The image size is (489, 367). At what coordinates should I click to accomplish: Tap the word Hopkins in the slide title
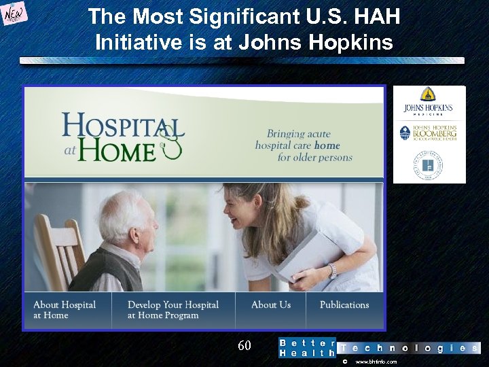[x=350, y=43]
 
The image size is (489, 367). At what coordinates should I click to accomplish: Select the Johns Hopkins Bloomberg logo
[x=429, y=133]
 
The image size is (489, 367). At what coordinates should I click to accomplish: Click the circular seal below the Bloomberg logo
[x=429, y=165]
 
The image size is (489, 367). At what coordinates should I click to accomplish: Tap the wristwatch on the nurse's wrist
[x=332, y=270]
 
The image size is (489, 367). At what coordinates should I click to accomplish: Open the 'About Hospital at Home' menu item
[x=65, y=310]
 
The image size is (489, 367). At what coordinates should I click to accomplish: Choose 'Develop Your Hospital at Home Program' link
[x=173, y=310]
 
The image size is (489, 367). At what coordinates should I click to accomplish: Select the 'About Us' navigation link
[x=270, y=305]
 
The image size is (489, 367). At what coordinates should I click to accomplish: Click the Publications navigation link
[x=344, y=305]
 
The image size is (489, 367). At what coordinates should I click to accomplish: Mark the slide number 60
[x=244, y=346]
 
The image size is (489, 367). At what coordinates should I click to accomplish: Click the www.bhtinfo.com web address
[x=376, y=362]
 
